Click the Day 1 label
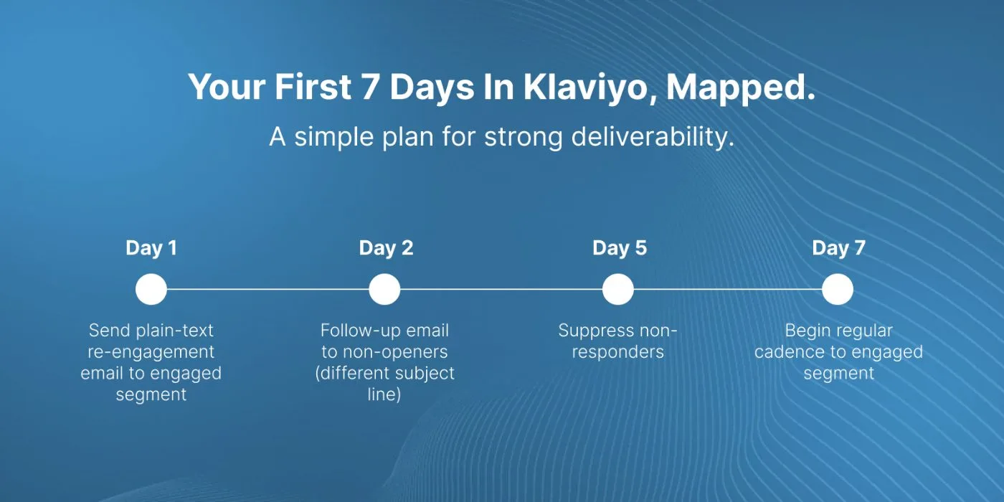click(x=151, y=248)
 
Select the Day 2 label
click(x=386, y=248)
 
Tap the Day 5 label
click(x=620, y=248)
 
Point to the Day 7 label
click(x=838, y=248)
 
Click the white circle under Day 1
click(x=151, y=289)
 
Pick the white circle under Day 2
click(x=384, y=289)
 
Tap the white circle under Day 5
click(x=618, y=289)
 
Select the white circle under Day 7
click(x=838, y=289)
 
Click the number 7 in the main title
click(x=370, y=86)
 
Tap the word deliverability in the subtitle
click(x=653, y=137)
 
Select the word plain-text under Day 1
click(x=175, y=331)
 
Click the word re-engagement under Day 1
click(x=151, y=352)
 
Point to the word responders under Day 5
click(x=618, y=352)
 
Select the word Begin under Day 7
click(x=802, y=331)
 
